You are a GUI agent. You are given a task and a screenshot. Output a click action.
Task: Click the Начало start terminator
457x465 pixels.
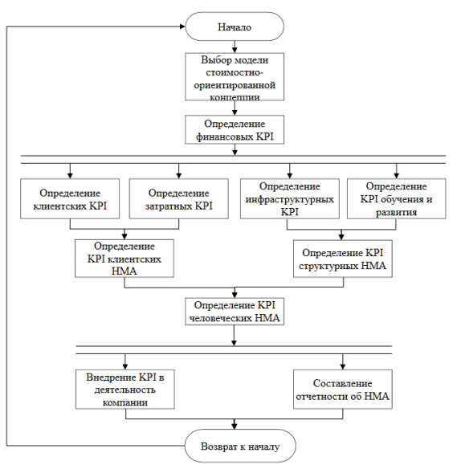pos(235,27)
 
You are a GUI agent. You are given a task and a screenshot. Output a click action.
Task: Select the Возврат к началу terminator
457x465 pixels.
pos(240,446)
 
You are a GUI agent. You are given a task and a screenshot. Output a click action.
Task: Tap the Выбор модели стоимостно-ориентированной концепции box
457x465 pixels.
pos(235,77)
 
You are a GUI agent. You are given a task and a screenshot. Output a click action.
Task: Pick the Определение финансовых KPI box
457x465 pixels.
pos(235,129)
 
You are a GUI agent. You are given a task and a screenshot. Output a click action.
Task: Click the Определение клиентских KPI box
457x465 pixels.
pos(70,198)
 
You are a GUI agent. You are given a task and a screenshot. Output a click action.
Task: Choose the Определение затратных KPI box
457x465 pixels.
pos(179,198)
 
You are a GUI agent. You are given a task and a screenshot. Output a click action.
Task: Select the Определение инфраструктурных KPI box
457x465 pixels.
pos(290,198)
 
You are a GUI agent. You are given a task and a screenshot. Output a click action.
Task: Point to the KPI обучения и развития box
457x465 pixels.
pos(397,198)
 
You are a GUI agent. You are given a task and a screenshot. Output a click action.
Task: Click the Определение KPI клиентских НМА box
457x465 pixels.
pos(124,259)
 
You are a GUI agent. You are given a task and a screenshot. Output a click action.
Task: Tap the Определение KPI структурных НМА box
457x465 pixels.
pos(343,259)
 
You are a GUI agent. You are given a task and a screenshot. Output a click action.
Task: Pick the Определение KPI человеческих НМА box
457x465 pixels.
pos(235,312)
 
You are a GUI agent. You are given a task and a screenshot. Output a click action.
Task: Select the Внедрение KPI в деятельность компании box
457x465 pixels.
pos(124,390)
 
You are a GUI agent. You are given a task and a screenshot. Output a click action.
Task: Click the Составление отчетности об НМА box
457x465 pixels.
pos(343,390)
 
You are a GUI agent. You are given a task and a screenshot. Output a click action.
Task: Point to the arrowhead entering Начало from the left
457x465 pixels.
pos(182,27)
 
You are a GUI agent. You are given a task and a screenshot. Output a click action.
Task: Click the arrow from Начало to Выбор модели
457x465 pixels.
pos(235,47)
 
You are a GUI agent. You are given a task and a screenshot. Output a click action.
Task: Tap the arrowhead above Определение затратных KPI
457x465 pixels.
pos(179,176)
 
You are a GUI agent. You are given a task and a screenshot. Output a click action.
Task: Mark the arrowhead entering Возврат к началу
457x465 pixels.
pos(235,426)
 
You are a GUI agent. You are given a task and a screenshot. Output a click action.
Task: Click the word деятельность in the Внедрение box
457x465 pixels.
pos(124,390)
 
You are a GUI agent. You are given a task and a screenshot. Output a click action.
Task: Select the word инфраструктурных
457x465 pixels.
pos(290,199)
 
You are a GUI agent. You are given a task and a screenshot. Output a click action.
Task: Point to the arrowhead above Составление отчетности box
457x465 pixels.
pos(343,366)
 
